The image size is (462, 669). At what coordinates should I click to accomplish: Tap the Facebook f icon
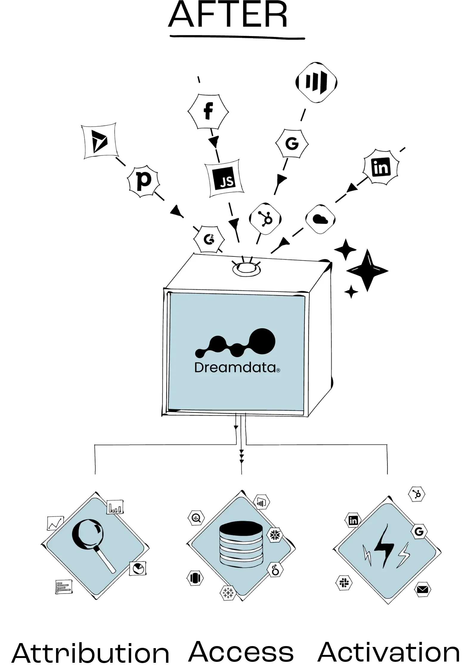click(x=208, y=111)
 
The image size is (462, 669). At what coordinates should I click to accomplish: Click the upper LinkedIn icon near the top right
click(x=381, y=167)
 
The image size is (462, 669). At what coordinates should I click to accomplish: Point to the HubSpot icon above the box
click(x=265, y=219)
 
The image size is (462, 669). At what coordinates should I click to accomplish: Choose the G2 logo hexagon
click(x=209, y=239)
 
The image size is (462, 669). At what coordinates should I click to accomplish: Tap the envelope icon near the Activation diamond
click(x=422, y=589)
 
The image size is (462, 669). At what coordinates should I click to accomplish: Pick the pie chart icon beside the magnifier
click(x=138, y=568)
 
